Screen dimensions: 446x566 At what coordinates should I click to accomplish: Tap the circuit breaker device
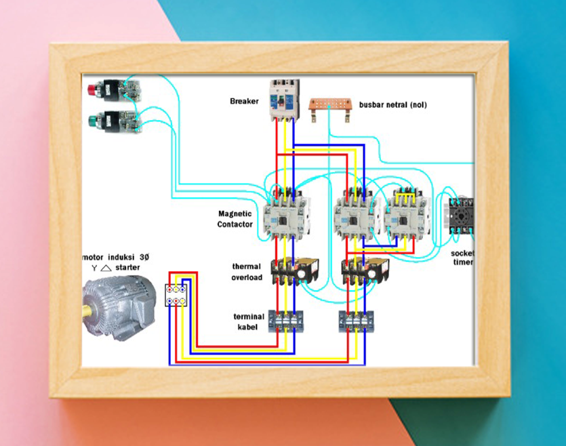284,100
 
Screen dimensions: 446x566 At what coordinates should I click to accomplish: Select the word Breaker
244,102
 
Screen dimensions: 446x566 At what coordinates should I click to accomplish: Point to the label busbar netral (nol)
392,105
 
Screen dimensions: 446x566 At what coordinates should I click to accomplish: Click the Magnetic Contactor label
235,219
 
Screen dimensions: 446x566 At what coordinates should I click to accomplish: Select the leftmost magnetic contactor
285,216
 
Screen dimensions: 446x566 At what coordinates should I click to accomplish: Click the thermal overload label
247,272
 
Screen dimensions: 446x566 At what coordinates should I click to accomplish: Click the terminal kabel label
249,321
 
